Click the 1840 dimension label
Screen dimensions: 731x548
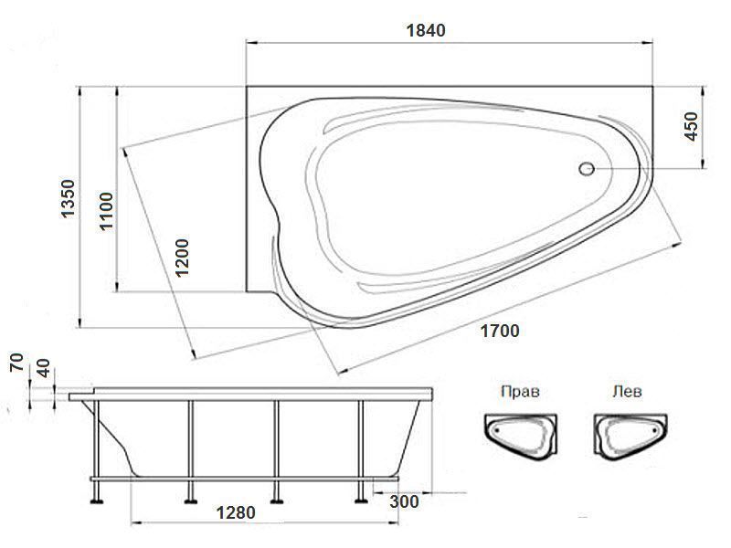[426, 30]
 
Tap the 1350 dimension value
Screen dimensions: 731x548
[68, 198]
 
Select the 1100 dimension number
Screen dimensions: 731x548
[106, 211]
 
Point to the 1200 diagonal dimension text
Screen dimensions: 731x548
[182, 258]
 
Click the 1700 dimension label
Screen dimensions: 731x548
[499, 331]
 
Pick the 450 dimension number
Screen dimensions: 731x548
[692, 126]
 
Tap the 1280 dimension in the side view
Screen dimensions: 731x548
[236, 512]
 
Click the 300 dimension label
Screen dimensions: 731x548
[404, 501]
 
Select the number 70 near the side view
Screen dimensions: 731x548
[16, 362]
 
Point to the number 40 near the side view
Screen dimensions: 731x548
[43, 368]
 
